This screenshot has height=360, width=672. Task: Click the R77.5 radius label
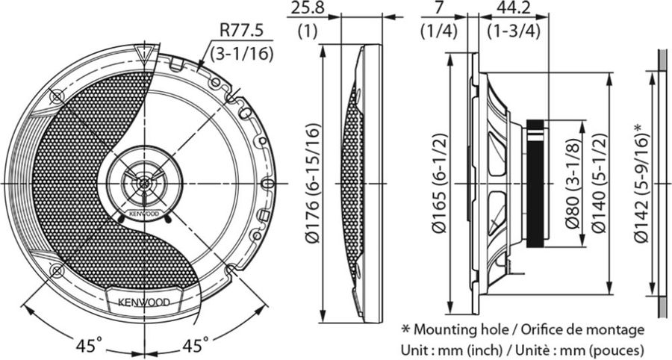(241, 31)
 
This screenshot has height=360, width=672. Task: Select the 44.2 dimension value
(512, 8)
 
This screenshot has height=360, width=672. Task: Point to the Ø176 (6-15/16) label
(314, 184)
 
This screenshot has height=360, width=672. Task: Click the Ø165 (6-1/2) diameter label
(440, 184)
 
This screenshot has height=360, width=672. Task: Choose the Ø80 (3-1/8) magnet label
(573, 184)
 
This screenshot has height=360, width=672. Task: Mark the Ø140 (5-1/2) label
(599, 184)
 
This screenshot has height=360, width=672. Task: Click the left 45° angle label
(89, 344)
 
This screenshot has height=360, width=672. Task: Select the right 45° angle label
(196, 344)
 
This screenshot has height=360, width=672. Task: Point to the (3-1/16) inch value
(241, 54)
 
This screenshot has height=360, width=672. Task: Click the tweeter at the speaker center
(144, 183)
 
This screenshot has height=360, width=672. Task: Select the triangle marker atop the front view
(144, 51)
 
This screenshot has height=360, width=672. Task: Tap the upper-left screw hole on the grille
(57, 97)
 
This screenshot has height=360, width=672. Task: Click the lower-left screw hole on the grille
(57, 270)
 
